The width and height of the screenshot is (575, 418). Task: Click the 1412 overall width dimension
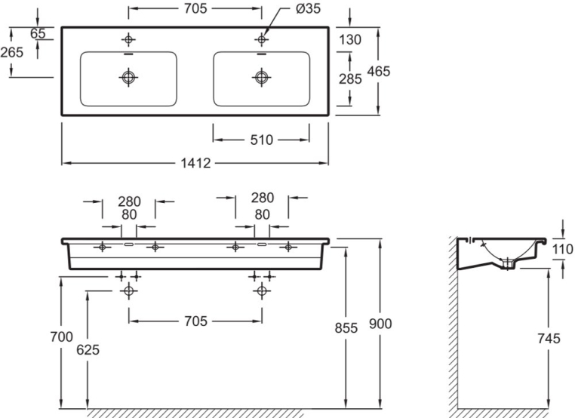click(195, 163)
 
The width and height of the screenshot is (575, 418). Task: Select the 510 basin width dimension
click(261, 140)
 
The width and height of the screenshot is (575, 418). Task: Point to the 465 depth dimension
click(379, 72)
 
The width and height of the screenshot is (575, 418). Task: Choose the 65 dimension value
click(38, 33)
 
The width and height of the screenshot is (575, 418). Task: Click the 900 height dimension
click(380, 324)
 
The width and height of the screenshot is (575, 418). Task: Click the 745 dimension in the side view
click(549, 339)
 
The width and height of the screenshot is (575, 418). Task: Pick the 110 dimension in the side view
click(562, 247)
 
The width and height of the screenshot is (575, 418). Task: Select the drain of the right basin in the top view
click(261, 76)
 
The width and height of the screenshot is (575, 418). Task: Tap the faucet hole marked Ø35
click(262, 38)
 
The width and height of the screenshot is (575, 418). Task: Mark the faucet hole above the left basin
click(129, 38)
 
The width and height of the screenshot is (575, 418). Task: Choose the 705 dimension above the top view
click(195, 9)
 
